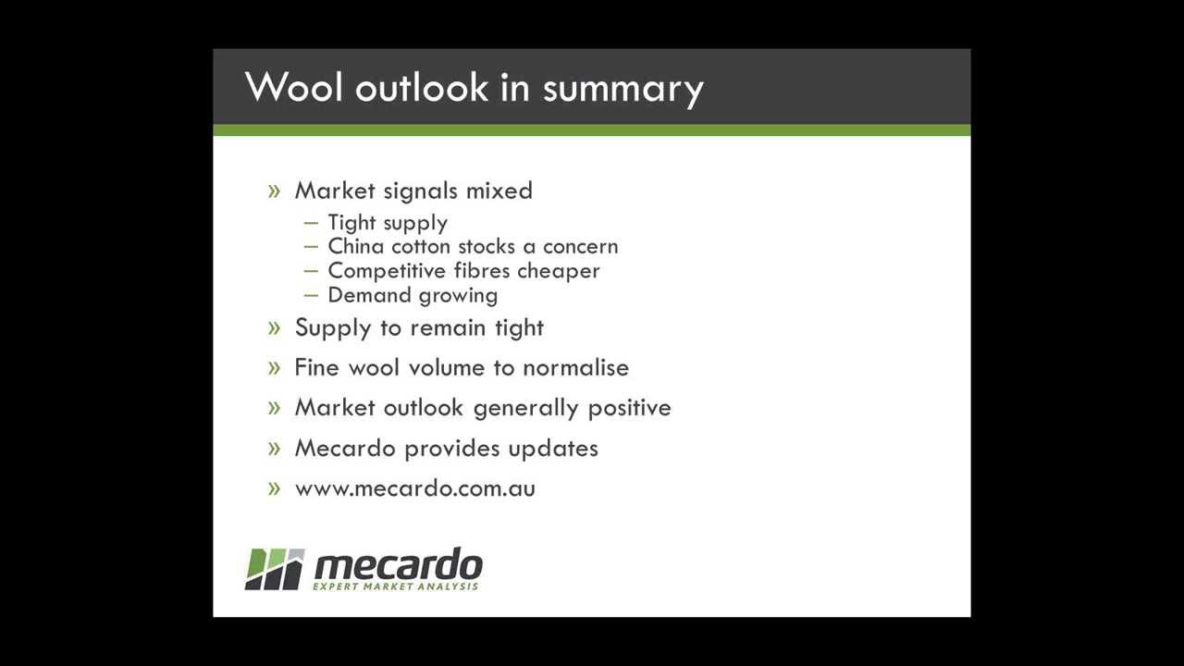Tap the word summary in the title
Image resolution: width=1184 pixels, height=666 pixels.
click(623, 89)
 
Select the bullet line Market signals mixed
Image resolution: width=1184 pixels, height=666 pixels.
click(413, 191)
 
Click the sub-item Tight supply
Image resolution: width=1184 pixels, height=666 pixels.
click(388, 223)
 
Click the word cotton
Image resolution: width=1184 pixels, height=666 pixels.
click(421, 246)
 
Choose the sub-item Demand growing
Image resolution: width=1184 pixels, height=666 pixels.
click(413, 295)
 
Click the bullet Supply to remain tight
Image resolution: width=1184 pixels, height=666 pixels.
click(419, 327)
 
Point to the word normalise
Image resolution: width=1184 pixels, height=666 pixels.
click(575, 367)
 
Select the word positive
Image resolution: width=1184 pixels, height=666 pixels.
click(629, 408)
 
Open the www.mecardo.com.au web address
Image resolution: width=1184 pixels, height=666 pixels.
click(414, 488)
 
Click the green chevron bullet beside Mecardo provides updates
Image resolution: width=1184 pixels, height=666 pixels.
click(274, 449)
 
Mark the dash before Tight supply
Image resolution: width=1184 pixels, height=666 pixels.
click(311, 223)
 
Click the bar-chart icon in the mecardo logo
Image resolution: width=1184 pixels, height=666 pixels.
click(275, 569)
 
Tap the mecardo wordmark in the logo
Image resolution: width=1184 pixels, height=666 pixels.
click(398, 564)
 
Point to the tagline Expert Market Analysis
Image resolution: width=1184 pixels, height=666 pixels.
click(396, 586)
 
